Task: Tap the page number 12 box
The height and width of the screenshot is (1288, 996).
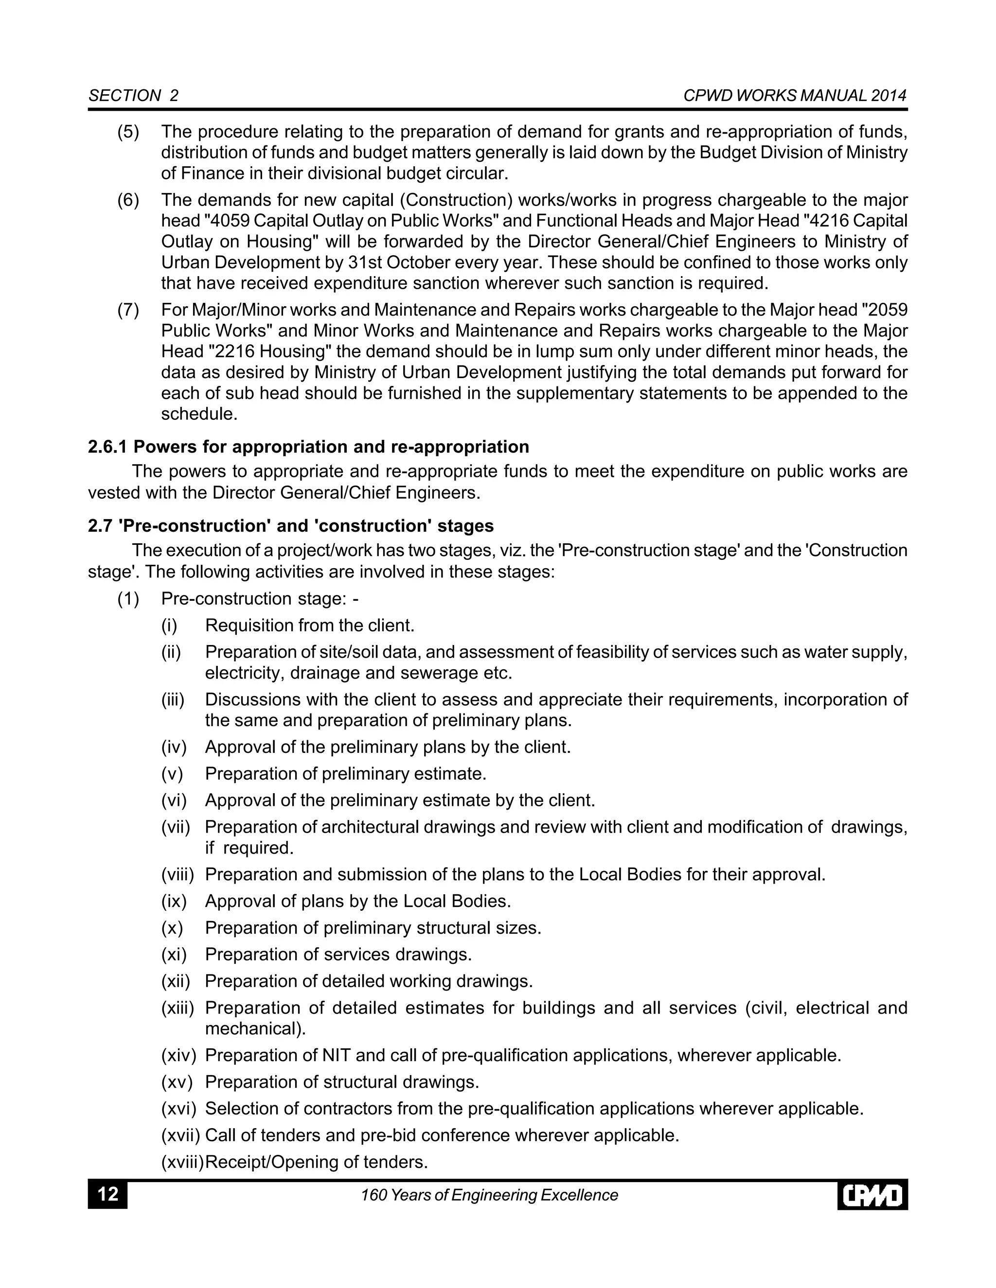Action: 107,1195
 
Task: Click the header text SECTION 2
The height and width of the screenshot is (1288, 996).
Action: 133,96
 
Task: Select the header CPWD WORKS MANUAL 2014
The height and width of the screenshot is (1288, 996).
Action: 794,96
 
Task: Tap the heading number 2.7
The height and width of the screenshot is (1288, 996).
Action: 100,525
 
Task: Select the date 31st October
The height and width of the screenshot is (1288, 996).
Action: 384,262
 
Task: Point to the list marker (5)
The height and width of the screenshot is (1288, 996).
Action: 128,132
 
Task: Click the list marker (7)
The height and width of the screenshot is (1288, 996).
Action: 128,310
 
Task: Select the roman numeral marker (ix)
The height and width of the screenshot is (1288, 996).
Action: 174,901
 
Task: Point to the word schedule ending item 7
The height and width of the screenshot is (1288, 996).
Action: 199,414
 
